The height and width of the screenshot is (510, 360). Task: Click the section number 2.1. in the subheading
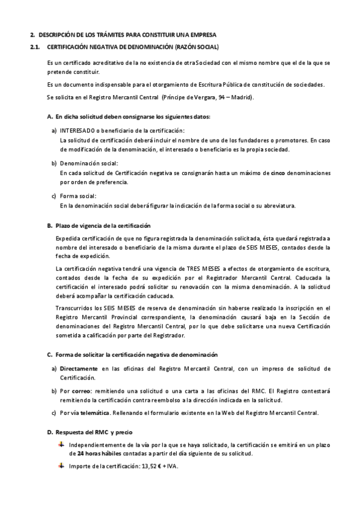[x=35, y=46]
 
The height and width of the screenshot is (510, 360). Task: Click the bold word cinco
[x=277, y=173]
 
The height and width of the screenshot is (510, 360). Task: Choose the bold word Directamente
[x=79, y=368]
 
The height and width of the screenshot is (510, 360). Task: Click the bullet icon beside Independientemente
[x=61, y=444]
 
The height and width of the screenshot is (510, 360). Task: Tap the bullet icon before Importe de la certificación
[x=61, y=465]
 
